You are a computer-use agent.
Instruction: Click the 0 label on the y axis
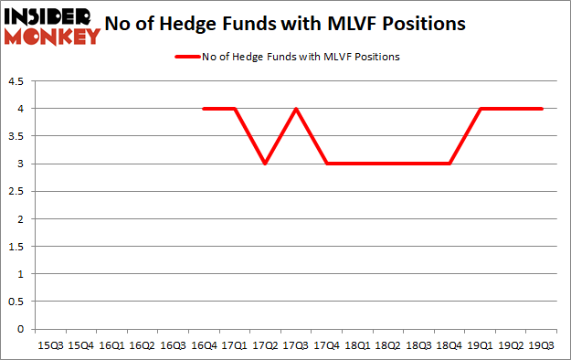pyautogui.click(x=21, y=329)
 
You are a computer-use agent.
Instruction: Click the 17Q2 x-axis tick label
pyautogui.click(x=265, y=344)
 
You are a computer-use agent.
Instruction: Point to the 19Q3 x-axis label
pyautogui.click(x=542, y=344)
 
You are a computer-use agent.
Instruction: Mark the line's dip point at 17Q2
pyautogui.click(x=265, y=164)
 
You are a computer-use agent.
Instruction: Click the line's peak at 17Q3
pyautogui.click(x=295, y=109)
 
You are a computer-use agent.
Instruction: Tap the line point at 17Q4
pyautogui.click(x=326, y=164)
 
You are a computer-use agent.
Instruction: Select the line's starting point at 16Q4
pyautogui.click(x=203, y=109)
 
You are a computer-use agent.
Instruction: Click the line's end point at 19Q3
pyautogui.click(x=542, y=109)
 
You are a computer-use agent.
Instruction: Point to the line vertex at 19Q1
pyautogui.click(x=481, y=109)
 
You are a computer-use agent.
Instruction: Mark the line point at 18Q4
pyautogui.click(x=449, y=164)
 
